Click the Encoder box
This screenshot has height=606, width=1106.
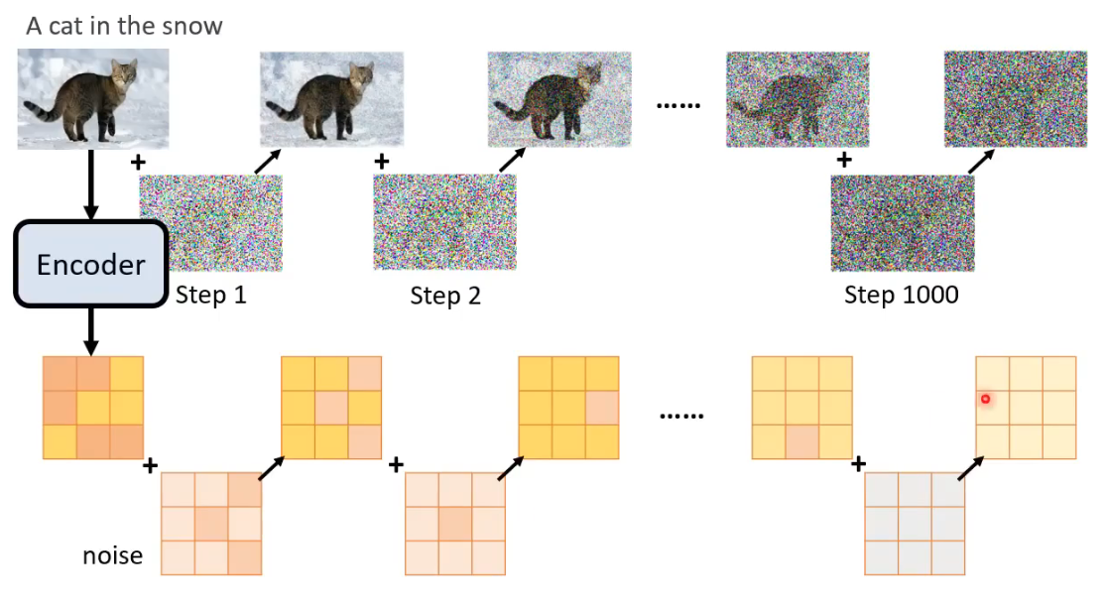[90, 264]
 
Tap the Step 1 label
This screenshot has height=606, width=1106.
[210, 295]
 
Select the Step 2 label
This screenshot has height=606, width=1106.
[445, 296]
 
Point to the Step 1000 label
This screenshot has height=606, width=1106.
[901, 295]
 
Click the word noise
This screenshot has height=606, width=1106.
[112, 554]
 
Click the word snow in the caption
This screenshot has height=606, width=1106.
[193, 26]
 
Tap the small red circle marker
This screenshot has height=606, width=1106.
[986, 399]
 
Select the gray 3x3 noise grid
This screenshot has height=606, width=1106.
[915, 523]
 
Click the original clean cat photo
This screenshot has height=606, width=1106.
[93, 98]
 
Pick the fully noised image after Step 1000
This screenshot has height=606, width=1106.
[1015, 99]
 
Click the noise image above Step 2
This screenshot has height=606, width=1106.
[445, 222]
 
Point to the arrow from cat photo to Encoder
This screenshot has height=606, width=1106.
[91, 184]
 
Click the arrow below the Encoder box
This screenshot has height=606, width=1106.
[91, 330]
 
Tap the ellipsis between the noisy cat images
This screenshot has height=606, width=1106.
[678, 103]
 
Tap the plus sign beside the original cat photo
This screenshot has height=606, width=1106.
[136, 160]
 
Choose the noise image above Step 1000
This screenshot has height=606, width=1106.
[903, 222]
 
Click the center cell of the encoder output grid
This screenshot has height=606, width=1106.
[93, 407]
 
